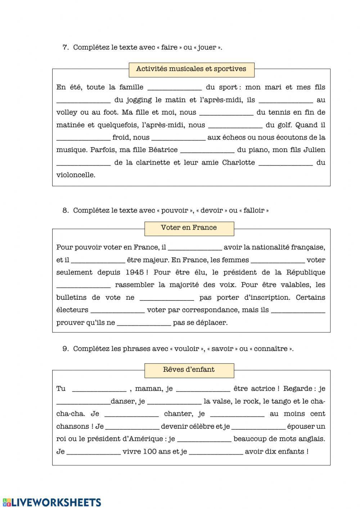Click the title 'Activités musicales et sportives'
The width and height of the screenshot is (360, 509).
pos(191,69)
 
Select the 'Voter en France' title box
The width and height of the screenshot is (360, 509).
pos(189,228)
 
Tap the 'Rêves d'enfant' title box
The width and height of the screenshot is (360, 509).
pos(189,370)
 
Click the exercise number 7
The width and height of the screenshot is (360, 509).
pos(66,47)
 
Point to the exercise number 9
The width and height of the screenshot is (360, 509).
pos(66,349)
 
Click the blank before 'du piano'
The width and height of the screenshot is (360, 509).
pos(207,150)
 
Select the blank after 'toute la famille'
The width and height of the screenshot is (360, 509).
pos(175,88)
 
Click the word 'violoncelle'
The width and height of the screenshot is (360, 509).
pos(76,175)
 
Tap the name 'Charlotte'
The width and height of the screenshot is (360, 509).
pos(238,162)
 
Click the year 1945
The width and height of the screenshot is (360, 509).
pos(135,272)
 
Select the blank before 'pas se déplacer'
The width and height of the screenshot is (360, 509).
pos(144,323)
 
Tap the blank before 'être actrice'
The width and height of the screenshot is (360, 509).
pos(203,389)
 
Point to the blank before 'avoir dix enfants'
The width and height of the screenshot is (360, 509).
pos(216,452)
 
